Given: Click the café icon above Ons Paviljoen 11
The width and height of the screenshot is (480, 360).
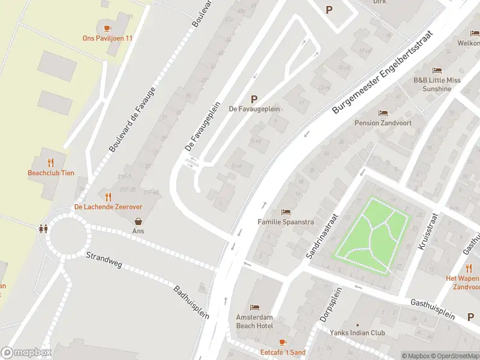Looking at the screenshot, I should (107, 28).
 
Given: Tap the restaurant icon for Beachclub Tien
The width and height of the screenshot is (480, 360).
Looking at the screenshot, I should (51, 163).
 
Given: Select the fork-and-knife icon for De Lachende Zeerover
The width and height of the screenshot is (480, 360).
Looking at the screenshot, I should (108, 196).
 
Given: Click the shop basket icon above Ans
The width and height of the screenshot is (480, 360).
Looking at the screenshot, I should (139, 221).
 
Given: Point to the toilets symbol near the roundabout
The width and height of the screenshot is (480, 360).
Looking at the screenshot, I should (43, 229).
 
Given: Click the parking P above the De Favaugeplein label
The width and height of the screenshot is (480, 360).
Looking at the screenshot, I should (254, 99).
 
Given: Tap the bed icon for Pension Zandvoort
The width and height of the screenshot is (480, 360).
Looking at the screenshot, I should (383, 113).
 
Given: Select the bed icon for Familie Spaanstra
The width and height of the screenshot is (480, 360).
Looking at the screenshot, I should (286, 212).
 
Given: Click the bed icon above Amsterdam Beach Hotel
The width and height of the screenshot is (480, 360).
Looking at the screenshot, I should (254, 308).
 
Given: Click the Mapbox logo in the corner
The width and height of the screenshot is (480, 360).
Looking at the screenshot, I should (26, 353).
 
